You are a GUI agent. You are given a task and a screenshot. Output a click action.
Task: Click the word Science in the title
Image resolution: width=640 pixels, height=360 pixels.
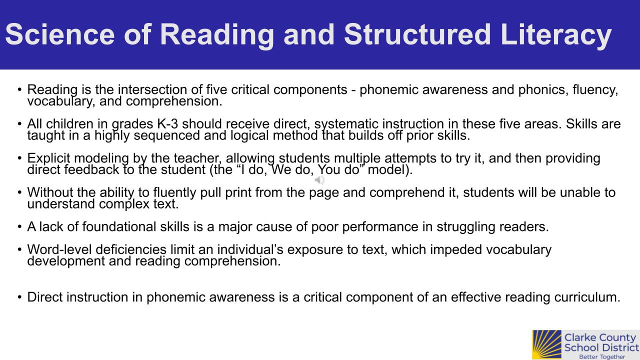click(60, 34)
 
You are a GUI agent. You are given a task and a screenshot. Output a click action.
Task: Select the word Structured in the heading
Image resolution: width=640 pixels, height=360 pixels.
click(417, 34)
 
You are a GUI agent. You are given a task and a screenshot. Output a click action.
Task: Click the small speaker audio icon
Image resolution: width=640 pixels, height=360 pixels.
click(319, 180)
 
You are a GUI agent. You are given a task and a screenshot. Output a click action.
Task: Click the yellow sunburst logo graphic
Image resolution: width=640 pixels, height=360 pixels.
click(547, 345)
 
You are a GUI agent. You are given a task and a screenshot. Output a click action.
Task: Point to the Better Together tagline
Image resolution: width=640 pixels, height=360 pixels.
click(602, 356)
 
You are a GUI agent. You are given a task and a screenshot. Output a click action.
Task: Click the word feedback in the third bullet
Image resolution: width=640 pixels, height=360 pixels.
click(91, 169)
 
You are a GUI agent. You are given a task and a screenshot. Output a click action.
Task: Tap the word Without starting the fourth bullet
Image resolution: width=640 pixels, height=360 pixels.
click(50, 192)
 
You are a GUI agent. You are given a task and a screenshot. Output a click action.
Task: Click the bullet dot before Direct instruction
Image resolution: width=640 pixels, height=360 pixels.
click(19, 297)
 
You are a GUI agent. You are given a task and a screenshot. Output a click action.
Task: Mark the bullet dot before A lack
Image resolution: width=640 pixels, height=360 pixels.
click(19, 227)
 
